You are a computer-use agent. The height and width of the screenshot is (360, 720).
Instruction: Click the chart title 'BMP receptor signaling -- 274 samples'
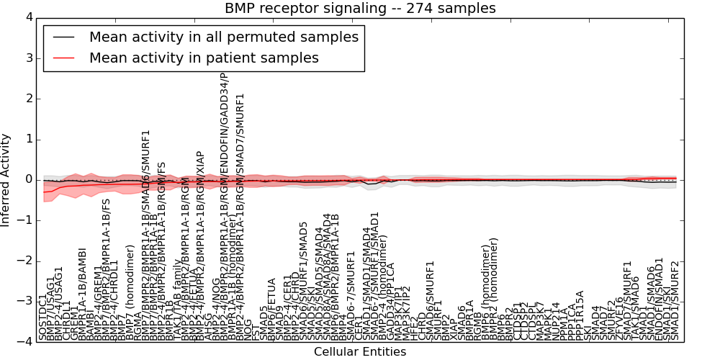360,9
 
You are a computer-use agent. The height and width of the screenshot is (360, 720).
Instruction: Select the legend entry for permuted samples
223,37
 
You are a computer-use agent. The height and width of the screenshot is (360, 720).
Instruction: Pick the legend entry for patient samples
204,58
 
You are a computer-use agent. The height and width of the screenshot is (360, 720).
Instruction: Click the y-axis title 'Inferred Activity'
6,179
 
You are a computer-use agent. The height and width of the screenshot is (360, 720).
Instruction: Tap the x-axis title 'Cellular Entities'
360,351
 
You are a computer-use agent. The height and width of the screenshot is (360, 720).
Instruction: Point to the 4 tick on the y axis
29,17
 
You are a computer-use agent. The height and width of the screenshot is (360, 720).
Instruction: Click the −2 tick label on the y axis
25,261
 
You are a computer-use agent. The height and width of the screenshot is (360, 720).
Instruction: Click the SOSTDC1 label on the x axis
42,317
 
